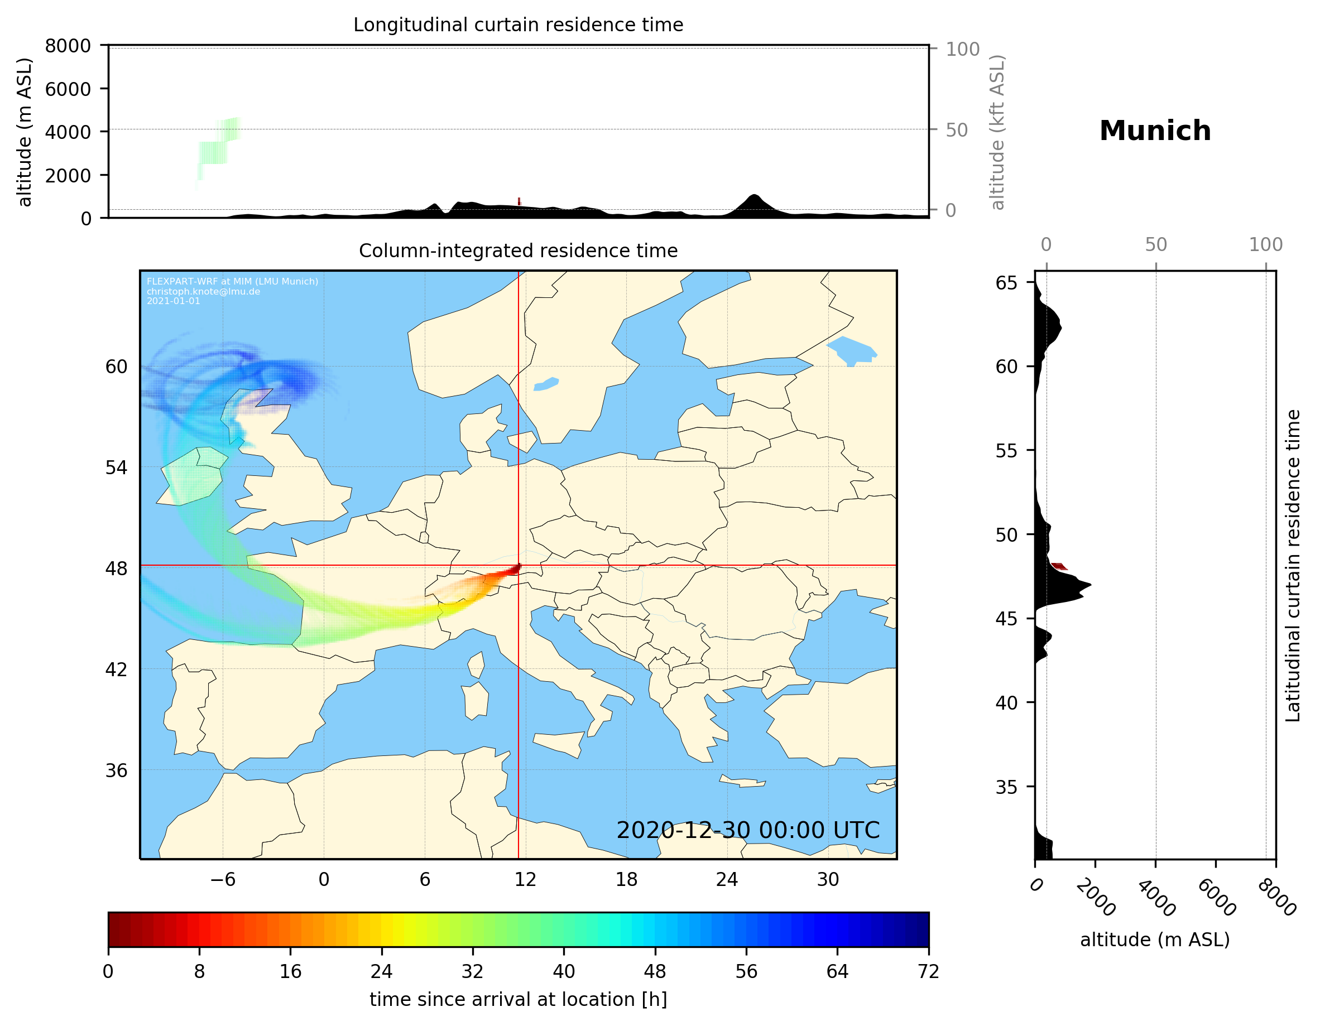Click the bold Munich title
[x=1154, y=131]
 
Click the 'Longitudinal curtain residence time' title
[x=518, y=25]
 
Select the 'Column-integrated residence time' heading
[x=518, y=251]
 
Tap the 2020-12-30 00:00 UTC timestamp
[x=748, y=830]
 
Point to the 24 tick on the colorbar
[x=381, y=972]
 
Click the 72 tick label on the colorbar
[x=928, y=972]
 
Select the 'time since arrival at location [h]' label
[x=518, y=999]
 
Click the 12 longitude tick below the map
[x=525, y=879]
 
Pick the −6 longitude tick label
[x=222, y=879]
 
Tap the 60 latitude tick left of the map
[x=117, y=367]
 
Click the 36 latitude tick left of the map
[x=117, y=770]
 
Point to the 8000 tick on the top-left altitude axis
[x=68, y=46]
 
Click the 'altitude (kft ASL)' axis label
[x=997, y=132]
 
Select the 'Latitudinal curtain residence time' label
[x=1292, y=566]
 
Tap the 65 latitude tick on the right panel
[x=1006, y=283]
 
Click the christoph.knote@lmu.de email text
[x=203, y=291]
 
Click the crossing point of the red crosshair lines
[x=519, y=566]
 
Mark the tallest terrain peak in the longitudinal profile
[x=753, y=196]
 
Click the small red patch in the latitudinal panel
[x=1059, y=566]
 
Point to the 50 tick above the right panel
[x=1155, y=245]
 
